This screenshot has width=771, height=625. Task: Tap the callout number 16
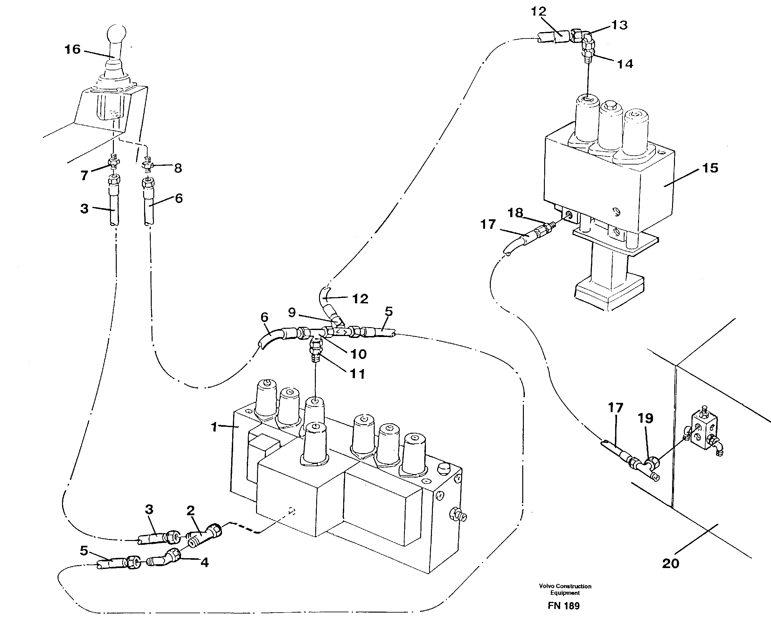(72, 49)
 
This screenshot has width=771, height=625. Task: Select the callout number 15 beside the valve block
(710, 168)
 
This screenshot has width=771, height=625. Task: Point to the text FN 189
(563, 606)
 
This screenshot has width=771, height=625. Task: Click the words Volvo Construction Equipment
(565, 589)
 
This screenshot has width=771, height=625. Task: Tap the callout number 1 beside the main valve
(214, 427)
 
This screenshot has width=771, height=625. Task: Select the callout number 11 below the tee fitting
(357, 374)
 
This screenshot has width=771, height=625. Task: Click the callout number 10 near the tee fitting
(358, 354)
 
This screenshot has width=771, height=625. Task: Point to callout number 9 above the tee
(292, 312)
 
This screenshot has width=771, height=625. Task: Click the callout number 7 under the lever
(84, 176)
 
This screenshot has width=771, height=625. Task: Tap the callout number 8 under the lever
(178, 168)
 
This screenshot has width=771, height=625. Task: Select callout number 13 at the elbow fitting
(619, 25)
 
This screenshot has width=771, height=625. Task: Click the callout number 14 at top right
(625, 64)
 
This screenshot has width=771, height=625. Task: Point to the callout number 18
(515, 213)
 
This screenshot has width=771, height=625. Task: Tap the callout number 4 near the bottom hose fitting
(204, 562)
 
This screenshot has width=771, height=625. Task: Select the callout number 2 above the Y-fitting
(190, 510)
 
